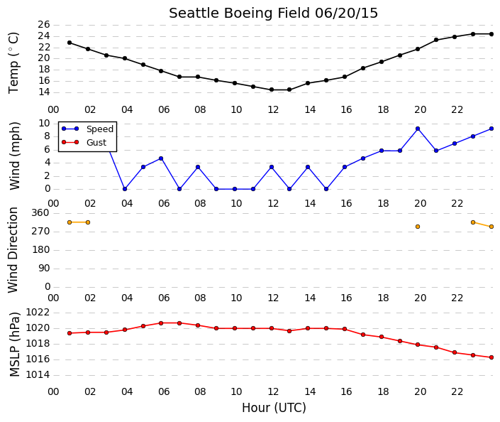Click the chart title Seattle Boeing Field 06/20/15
coord(273,13)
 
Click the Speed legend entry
coord(88,129)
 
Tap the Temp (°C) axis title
coord(13,63)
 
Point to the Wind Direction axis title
coord(13,250)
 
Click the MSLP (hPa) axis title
coord(15,345)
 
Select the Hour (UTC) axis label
coord(274,408)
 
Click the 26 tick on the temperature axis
coord(44,25)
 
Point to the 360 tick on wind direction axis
coord(40,212)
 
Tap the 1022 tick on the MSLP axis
coord(38,312)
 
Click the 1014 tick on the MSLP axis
coord(38,374)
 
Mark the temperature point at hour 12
coord(272,90)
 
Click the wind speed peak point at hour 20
coord(418,129)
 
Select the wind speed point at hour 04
coord(125,189)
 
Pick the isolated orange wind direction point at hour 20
coord(418,227)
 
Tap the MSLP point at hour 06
coord(161,323)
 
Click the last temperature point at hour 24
coord(491,34)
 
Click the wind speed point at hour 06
coord(161,158)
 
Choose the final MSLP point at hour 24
coord(491,357)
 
